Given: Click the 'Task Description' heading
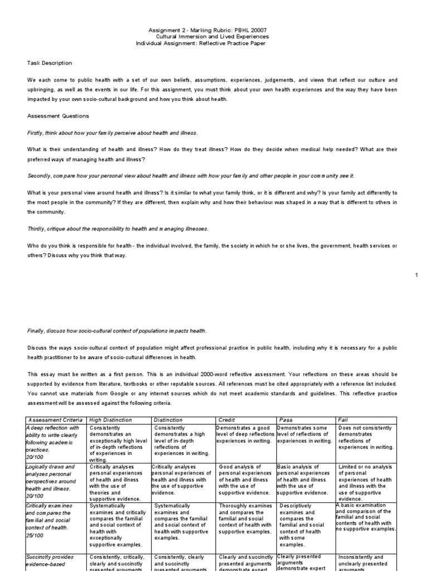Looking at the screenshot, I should click(x=50, y=63).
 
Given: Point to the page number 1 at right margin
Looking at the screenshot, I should click(x=417, y=275).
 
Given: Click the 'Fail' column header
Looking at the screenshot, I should click(x=343, y=419).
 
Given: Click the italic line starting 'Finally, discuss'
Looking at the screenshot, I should click(x=117, y=331).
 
